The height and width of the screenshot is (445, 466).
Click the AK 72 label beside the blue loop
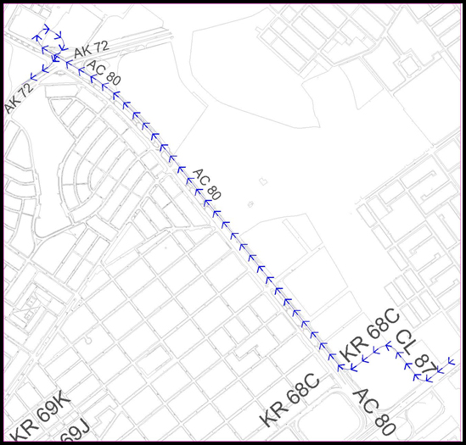pos(91,52)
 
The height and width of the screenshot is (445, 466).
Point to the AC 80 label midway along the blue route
pos(206,185)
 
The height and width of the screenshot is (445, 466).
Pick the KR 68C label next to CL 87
pos(368,337)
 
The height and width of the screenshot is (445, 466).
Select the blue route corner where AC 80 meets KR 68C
pos(342,368)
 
